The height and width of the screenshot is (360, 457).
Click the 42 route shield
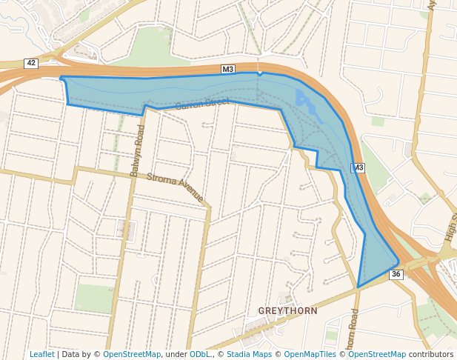point(31,63)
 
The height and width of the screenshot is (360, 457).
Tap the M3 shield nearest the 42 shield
point(228,70)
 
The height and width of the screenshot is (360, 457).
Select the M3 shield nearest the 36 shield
point(358,168)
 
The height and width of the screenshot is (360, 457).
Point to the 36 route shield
point(396,274)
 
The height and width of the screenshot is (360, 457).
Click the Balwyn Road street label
point(137,150)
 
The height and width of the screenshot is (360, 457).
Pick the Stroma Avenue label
point(175,187)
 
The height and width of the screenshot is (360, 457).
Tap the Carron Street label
point(202,103)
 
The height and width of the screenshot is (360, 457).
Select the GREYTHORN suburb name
point(287,310)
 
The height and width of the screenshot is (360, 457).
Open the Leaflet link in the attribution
point(42,354)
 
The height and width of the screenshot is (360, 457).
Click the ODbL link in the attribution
point(200,354)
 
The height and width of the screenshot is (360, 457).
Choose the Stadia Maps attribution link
point(249,354)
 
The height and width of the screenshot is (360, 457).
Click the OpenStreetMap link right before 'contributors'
point(377,354)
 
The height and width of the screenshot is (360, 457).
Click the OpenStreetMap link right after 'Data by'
point(132,354)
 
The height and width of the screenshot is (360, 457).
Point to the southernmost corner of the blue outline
point(358,287)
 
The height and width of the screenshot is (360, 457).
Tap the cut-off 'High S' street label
point(450,227)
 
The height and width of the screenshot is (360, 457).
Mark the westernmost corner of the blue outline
point(60,77)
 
